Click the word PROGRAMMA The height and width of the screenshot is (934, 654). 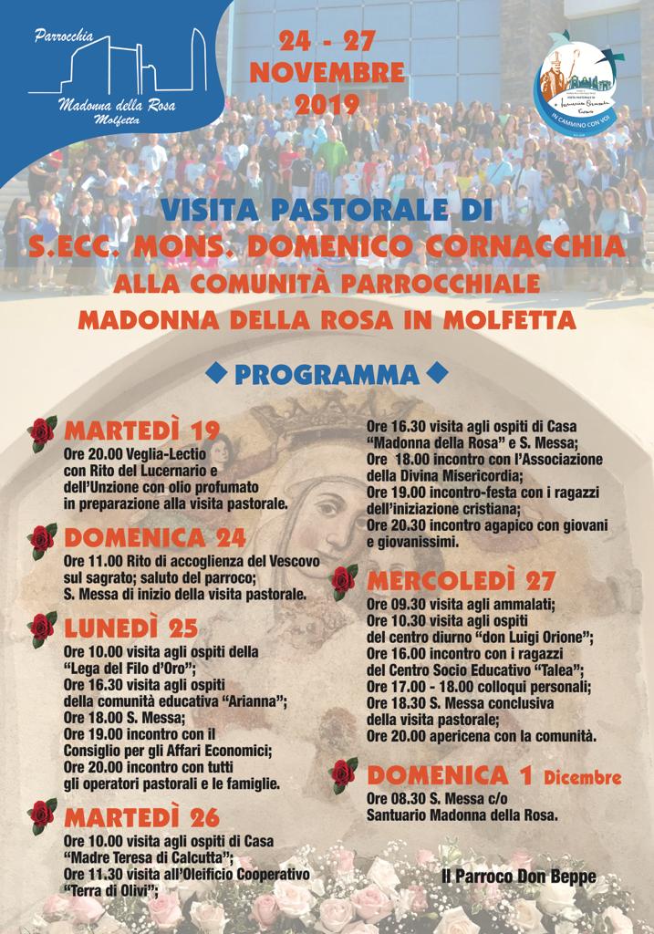tap(327, 374)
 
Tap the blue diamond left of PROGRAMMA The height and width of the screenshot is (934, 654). tap(216, 373)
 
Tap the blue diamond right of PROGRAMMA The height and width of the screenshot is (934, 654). tap(438, 373)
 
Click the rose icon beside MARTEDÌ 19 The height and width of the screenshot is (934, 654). tap(41, 433)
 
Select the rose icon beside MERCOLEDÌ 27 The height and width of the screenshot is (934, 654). tap(344, 580)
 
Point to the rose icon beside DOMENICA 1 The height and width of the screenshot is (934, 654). tap(344, 775)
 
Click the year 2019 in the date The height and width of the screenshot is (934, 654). tap(327, 104)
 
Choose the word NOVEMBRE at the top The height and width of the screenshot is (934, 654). tap(327, 72)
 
